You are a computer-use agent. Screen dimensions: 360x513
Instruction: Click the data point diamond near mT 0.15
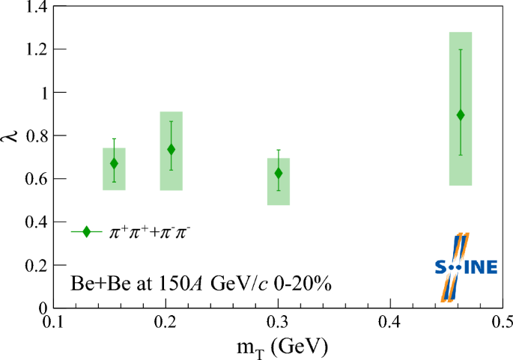pyautogui.click(x=114, y=163)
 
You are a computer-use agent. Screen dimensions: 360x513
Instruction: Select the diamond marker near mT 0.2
pyautogui.click(x=171, y=149)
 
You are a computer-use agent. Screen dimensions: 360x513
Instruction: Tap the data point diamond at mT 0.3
pyautogui.click(x=279, y=173)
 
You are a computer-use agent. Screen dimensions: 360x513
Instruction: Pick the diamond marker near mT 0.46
pyautogui.click(x=461, y=115)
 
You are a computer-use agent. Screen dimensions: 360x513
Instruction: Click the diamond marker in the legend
pyautogui.click(x=87, y=232)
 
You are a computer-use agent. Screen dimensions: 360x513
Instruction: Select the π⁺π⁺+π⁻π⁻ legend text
pyautogui.click(x=151, y=231)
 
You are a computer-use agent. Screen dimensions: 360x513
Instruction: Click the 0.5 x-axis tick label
pyautogui.click(x=500, y=322)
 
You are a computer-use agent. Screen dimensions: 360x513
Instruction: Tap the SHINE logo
pyautogui.click(x=464, y=266)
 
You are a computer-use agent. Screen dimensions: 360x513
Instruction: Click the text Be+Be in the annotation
pyautogui.click(x=93, y=284)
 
